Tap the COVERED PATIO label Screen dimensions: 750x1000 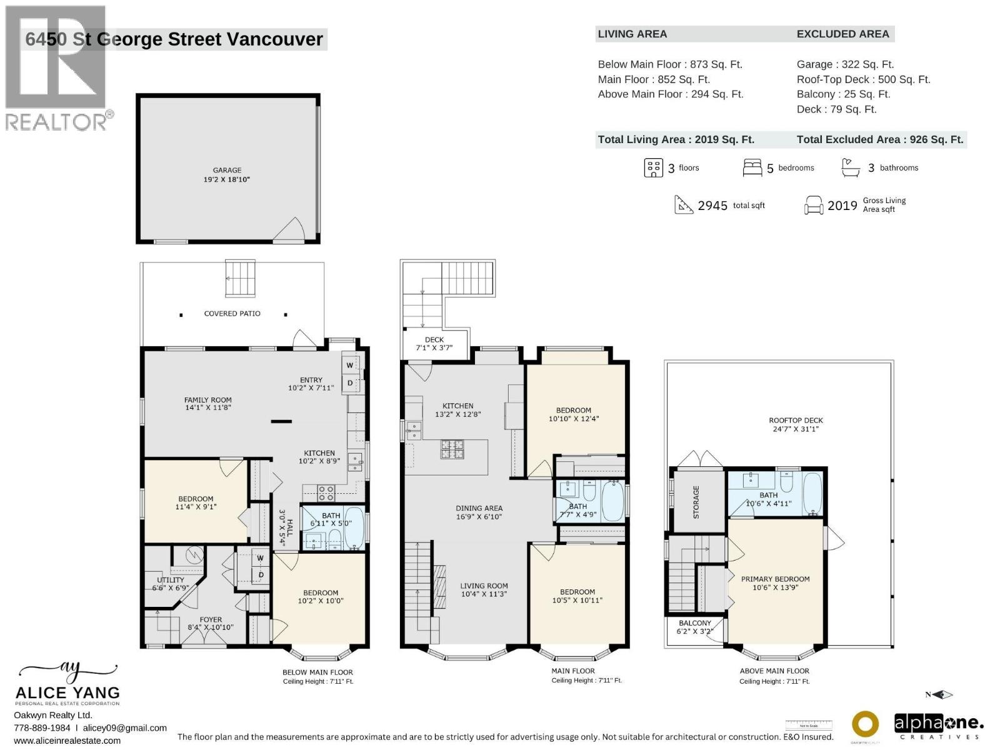232,313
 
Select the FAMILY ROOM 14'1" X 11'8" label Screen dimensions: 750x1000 207,404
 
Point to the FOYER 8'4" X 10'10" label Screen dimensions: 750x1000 211,623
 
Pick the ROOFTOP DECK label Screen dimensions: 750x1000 796,424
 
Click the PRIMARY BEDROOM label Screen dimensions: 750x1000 775,583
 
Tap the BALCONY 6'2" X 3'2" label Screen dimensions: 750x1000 694,627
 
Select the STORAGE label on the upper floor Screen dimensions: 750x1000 696,502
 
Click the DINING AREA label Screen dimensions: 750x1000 479,512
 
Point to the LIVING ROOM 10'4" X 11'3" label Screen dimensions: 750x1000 484,590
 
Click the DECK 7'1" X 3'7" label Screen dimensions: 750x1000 434,344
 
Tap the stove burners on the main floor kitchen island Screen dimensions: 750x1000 452,449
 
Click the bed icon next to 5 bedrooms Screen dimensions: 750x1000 752,167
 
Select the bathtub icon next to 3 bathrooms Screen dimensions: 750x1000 850,167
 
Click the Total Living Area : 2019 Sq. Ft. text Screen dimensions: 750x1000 676,139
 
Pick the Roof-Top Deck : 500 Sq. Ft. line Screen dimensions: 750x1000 863,79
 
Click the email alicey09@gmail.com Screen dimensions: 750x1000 124,727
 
